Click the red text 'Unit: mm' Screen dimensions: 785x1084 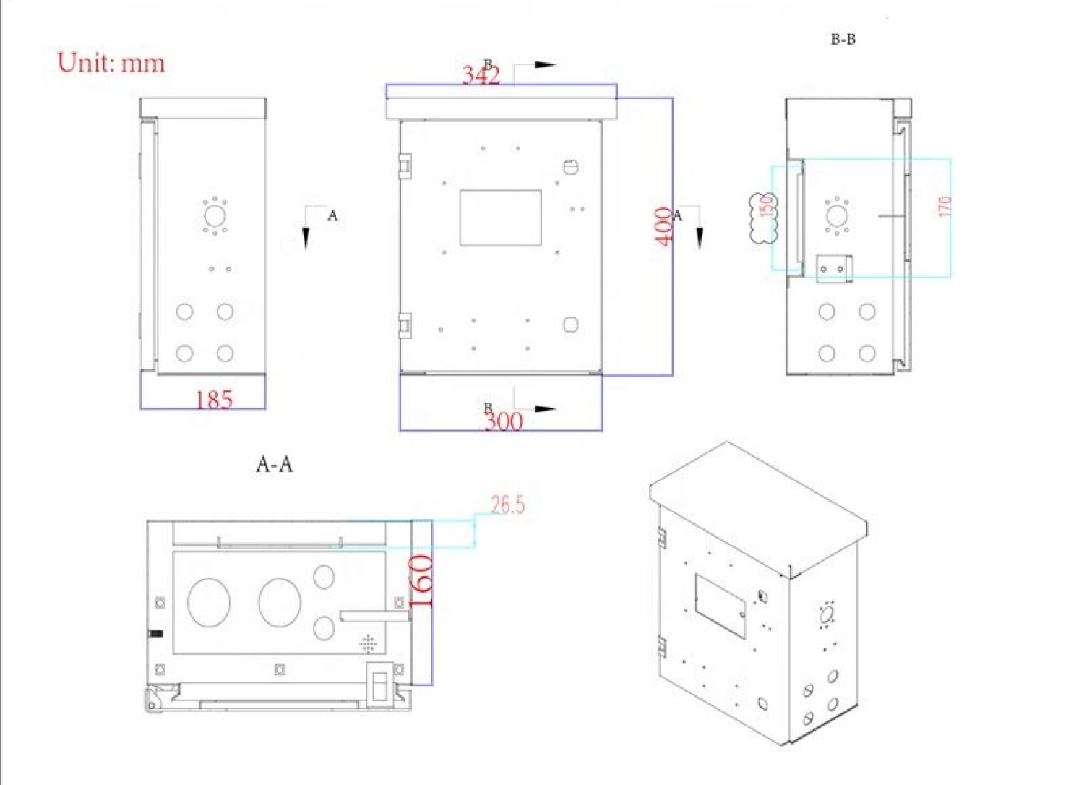(x=111, y=63)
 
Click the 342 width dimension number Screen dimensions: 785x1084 (x=480, y=75)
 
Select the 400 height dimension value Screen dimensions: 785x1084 (x=663, y=226)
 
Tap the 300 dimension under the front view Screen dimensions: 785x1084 (x=504, y=421)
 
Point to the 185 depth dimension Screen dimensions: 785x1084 (x=214, y=400)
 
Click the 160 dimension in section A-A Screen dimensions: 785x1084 (x=421, y=581)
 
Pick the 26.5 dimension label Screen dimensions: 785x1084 (x=507, y=505)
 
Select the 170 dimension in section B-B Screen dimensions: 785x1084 (x=945, y=206)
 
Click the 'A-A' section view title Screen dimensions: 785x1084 (x=275, y=464)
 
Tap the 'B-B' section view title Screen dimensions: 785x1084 (x=843, y=40)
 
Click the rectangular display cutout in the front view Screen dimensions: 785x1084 (x=500, y=218)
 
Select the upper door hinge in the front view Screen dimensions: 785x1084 (x=405, y=166)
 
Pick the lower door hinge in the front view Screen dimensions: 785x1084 (x=405, y=325)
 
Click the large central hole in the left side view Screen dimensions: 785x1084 (x=215, y=215)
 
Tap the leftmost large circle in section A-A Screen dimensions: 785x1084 (x=209, y=602)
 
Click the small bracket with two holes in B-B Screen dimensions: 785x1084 (x=833, y=268)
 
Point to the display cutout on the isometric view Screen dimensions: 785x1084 (x=720, y=606)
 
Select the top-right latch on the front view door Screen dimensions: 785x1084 (x=571, y=167)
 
